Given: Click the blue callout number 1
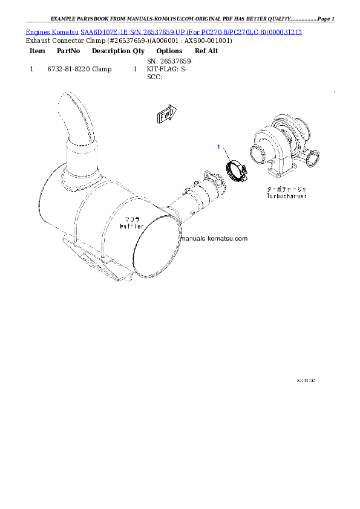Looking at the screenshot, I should pos(219,147).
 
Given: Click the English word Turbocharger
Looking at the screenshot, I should pos(286,196).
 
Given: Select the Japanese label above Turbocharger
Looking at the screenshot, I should pos(286,189).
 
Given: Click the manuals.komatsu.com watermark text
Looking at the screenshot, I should pos(215,238).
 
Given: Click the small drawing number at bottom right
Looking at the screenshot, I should pos(306,381).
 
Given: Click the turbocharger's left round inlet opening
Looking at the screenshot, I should pos(255,155).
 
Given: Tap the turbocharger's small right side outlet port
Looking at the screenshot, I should pos(312,159).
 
